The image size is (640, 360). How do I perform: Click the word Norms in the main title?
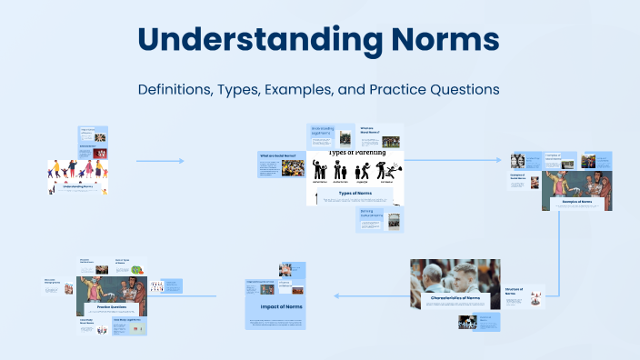[x=439, y=41]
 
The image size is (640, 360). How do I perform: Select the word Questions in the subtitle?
[x=464, y=90]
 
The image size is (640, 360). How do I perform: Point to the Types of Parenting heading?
[x=355, y=152]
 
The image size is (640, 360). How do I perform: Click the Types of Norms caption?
[x=355, y=193]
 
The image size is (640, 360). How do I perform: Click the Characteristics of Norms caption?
[x=455, y=297]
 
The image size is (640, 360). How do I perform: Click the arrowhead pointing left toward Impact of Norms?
[x=337, y=295]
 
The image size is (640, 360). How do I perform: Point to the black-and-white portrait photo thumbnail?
[x=468, y=322]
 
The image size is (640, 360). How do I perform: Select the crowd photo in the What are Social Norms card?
[x=391, y=142]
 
